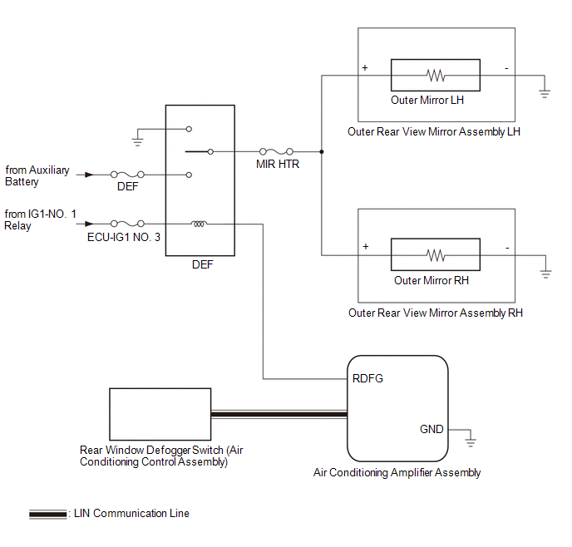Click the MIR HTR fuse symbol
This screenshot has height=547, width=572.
[277, 152]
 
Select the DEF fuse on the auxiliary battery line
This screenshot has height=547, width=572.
[127, 175]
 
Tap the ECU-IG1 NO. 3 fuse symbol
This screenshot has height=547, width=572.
[127, 223]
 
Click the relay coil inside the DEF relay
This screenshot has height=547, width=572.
[200, 223]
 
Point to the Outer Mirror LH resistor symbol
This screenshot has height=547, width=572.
[436, 76]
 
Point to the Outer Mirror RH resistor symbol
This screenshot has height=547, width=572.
[436, 255]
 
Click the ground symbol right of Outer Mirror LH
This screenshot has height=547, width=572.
[545, 92]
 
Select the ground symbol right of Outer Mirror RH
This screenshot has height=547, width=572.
[545, 272]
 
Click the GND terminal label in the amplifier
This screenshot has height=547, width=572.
[431, 429]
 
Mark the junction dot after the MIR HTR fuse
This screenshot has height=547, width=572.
[322, 152]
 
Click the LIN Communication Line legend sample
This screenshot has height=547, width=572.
[48, 515]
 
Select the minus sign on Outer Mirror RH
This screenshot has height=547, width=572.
[506, 247]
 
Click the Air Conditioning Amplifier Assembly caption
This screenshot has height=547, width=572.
[397, 473]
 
